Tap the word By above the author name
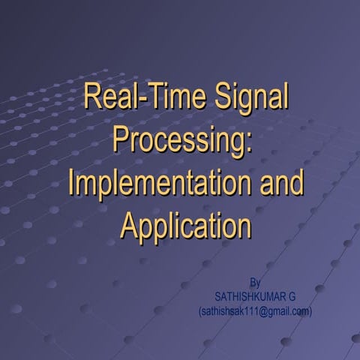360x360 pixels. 255,283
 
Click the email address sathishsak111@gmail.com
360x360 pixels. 255,310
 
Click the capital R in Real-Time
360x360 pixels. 92,98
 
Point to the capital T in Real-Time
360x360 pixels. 154,98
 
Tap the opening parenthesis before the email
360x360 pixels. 200,310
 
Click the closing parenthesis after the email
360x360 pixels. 310,310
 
